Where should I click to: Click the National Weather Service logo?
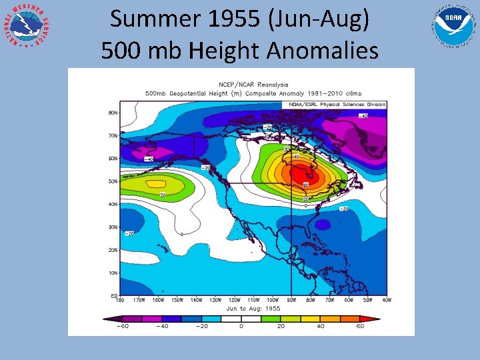(27, 27)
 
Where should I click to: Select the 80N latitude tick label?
(113, 113)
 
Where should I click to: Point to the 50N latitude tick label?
(113, 181)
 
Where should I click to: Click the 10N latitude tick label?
(113, 273)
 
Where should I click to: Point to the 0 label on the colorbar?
(241, 327)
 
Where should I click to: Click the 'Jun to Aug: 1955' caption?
(253, 308)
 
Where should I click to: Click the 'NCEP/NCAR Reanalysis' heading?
(253, 85)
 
